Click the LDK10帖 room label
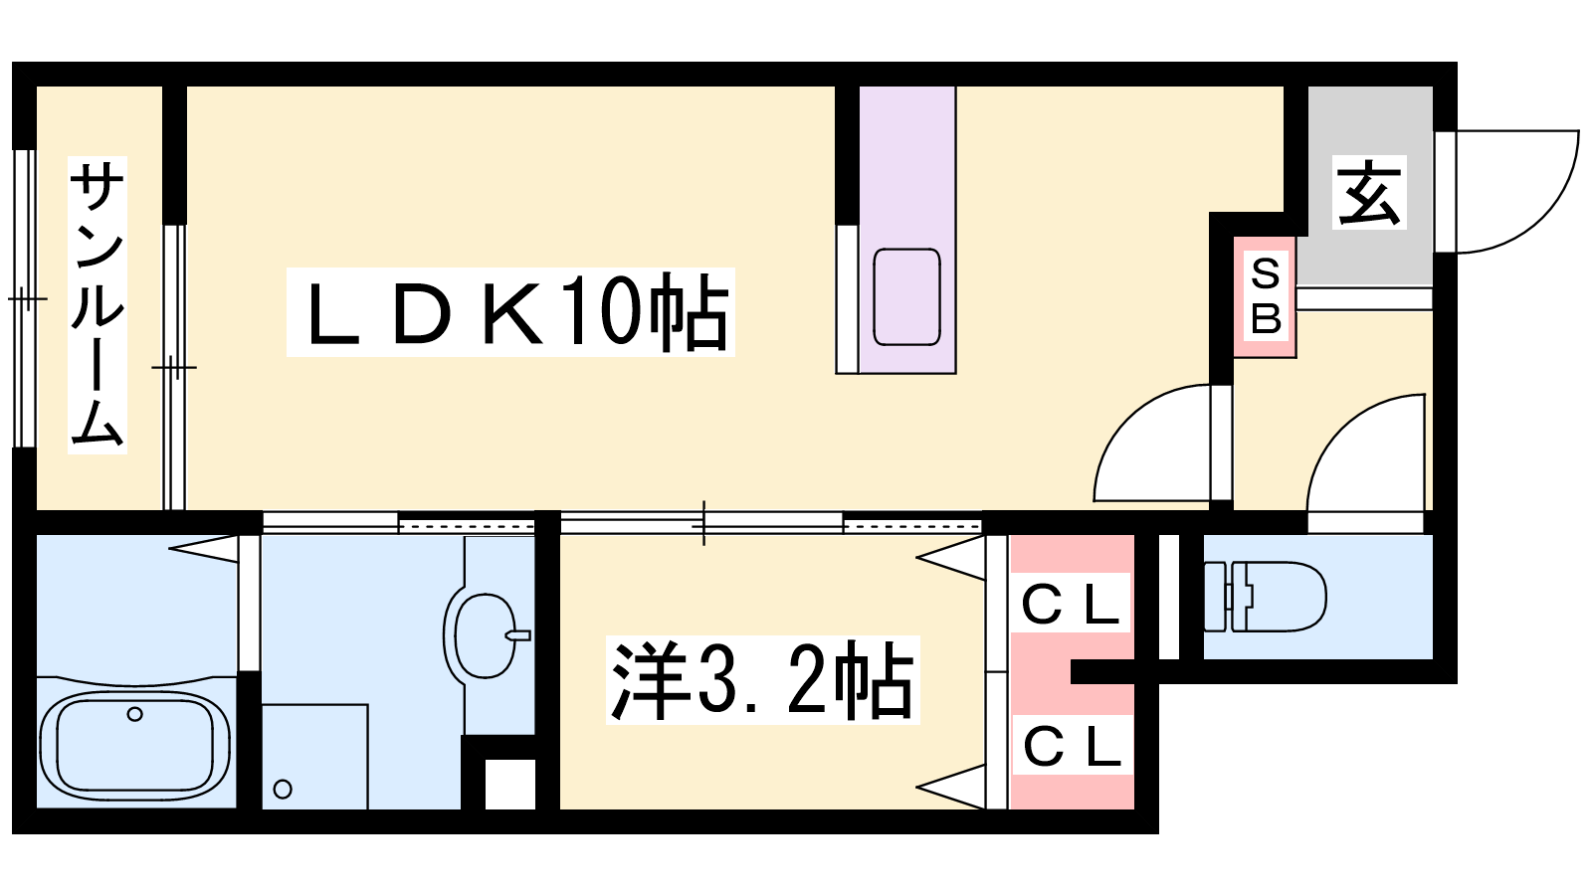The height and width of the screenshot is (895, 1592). click(510, 312)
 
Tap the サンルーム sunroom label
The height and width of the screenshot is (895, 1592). click(97, 305)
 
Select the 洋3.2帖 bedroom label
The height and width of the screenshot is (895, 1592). click(762, 682)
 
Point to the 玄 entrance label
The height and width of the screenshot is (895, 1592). click(1370, 193)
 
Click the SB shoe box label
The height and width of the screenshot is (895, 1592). click(1265, 296)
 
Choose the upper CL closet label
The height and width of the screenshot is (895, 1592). click(1071, 603)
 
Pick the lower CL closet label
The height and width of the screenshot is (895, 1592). click(1072, 746)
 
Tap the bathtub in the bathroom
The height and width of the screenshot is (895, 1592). click(134, 745)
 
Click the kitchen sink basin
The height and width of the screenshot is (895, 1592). click(906, 296)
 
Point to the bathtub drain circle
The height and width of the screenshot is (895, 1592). click(134, 714)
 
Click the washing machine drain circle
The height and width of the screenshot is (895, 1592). click(283, 790)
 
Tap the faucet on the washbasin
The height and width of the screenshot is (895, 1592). click(518, 635)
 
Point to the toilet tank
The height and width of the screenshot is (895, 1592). click(1215, 597)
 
